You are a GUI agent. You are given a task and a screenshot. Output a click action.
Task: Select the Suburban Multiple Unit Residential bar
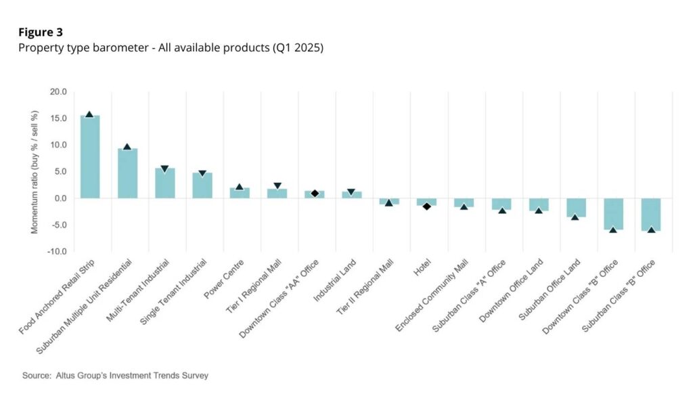pyautogui.click(x=127, y=173)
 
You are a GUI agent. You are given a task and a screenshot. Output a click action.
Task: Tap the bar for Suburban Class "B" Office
pyautogui.click(x=651, y=215)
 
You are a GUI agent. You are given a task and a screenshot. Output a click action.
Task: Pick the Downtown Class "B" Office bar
pyautogui.click(x=614, y=214)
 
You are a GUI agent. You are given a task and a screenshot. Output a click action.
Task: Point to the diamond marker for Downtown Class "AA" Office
pyautogui.click(x=315, y=194)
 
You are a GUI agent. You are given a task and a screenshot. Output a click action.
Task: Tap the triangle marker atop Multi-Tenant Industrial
pyautogui.click(x=164, y=169)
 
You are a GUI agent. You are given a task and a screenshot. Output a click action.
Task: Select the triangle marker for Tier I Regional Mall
pyautogui.click(x=277, y=186)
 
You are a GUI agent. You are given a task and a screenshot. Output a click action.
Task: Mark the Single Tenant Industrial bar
pyautogui.click(x=202, y=185)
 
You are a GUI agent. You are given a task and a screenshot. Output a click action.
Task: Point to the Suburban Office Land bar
pyautogui.click(x=577, y=207)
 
